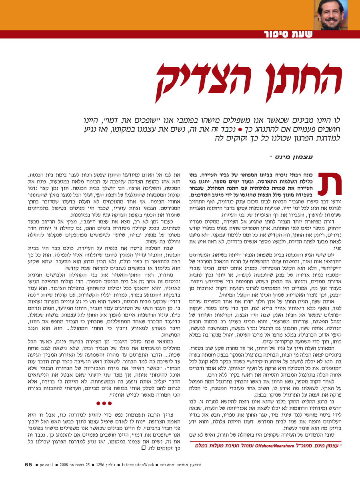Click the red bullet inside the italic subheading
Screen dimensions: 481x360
tap(240, 130)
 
